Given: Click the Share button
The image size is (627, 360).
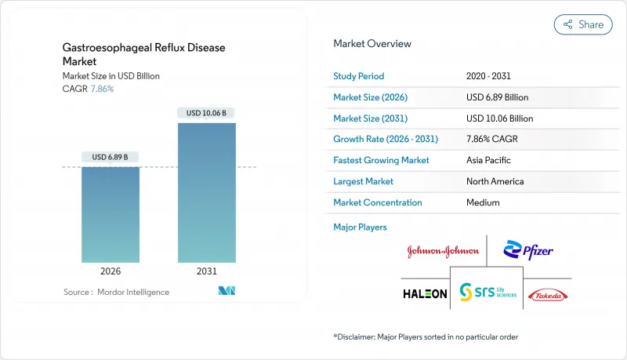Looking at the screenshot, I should [x=583, y=24].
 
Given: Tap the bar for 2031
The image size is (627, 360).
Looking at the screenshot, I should [x=206, y=192].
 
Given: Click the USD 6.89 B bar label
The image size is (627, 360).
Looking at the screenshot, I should [x=111, y=157].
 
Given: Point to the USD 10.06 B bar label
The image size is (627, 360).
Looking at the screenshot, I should [x=206, y=113].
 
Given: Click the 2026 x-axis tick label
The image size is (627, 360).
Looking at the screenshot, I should [x=111, y=271].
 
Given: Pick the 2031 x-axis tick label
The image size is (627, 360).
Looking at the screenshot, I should [x=206, y=271].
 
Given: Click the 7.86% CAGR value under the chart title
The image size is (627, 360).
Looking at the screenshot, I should [x=103, y=89].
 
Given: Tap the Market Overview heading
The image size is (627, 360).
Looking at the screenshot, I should [x=372, y=44].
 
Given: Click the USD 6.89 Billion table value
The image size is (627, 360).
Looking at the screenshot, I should [x=497, y=97].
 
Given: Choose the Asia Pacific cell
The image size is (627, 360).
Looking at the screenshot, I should [x=487, y=160].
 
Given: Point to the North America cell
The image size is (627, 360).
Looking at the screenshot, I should [x=495, y=181].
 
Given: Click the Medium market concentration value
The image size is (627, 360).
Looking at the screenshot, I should [x=483, y=202].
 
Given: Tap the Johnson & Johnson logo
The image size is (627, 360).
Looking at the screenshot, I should [x=443, y=252].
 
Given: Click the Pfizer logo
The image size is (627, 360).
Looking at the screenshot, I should [x=529, y=251].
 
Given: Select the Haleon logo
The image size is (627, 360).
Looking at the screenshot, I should [x=426, y=293].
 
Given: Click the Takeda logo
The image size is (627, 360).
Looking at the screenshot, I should [x=549, y=294].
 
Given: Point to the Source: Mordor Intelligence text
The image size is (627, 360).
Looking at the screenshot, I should [x=116, y=292].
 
